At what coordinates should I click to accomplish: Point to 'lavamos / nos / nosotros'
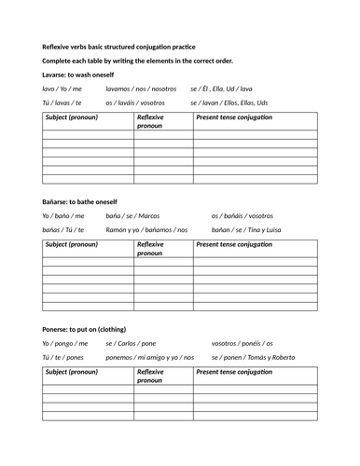[137, 89]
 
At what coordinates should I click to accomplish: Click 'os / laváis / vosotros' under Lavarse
[135, 103]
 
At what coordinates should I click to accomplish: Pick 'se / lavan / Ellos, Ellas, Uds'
[242, 103]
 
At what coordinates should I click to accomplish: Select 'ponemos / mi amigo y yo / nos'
[150, 358]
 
